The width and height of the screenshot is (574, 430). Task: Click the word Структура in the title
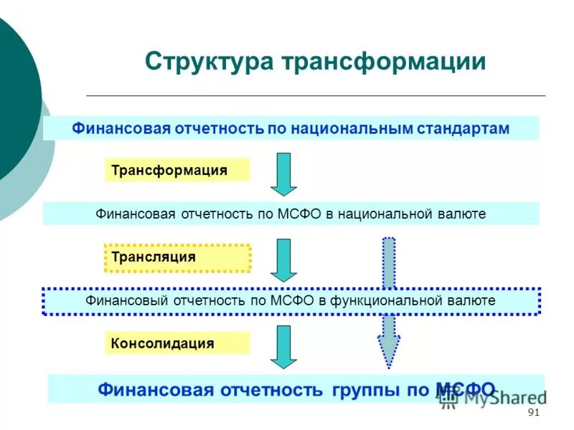point(209,61)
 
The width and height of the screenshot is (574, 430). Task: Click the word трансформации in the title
point(383,61)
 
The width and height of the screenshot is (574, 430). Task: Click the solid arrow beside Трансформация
point(283,173)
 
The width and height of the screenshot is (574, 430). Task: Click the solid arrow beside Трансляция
point(283,259)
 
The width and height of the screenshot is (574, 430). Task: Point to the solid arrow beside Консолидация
point(283,346)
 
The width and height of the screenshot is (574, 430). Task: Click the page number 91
point(532,413)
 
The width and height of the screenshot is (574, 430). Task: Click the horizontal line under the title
point(316,95)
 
